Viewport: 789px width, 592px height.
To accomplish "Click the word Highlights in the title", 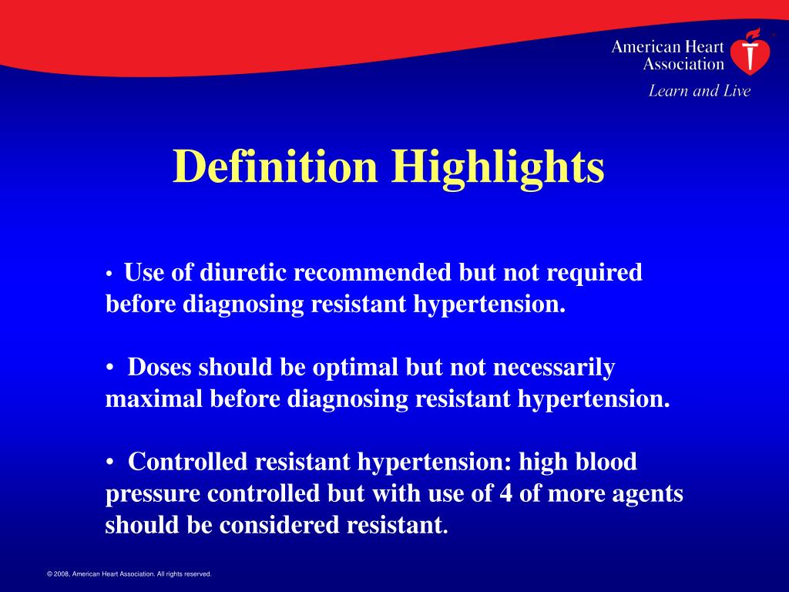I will [x=499, y=166].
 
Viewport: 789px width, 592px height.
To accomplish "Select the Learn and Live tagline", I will [x=699, y=91].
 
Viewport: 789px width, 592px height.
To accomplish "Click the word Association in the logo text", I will [x=683, y=65].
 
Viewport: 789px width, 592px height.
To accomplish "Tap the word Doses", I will [x=160, y=368].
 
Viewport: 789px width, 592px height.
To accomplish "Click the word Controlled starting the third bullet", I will [x=188, y=462].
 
